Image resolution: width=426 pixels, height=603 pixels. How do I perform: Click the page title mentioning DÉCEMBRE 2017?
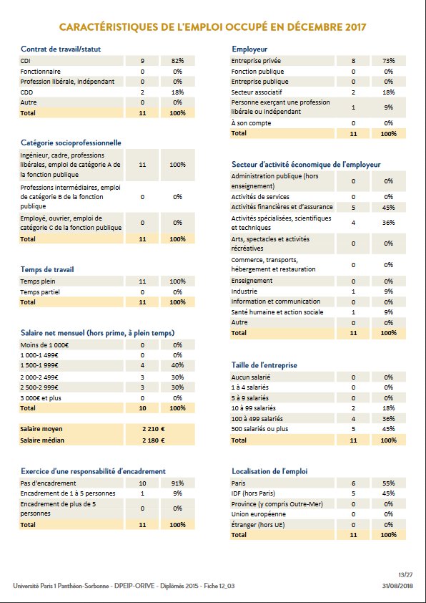[213, 26]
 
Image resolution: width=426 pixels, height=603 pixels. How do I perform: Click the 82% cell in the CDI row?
[178, 62]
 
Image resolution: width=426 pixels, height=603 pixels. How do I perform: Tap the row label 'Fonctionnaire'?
[41, 72]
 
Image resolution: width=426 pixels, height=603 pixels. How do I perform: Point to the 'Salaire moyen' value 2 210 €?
[154, 428]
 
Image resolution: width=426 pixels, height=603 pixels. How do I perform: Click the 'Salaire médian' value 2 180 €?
[154, 440]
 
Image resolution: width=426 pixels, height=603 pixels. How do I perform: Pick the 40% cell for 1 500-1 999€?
[178, 365]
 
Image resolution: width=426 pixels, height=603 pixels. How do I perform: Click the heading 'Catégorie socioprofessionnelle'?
[71, 143]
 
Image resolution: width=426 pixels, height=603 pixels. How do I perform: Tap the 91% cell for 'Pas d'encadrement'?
[178, 483]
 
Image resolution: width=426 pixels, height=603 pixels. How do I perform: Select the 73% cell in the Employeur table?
[389, 62]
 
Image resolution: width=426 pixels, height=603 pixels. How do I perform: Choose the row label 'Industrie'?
[244, 291]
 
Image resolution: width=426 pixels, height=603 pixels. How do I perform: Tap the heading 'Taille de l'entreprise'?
[264, 365]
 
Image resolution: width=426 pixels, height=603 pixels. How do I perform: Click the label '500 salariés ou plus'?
[260, 429]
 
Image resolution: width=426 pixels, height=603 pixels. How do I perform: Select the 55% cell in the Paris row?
[389, 483]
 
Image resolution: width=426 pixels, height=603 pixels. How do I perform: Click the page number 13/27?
[404, 574]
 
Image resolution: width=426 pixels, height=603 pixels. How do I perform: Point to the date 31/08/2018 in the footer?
[397, 586]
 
